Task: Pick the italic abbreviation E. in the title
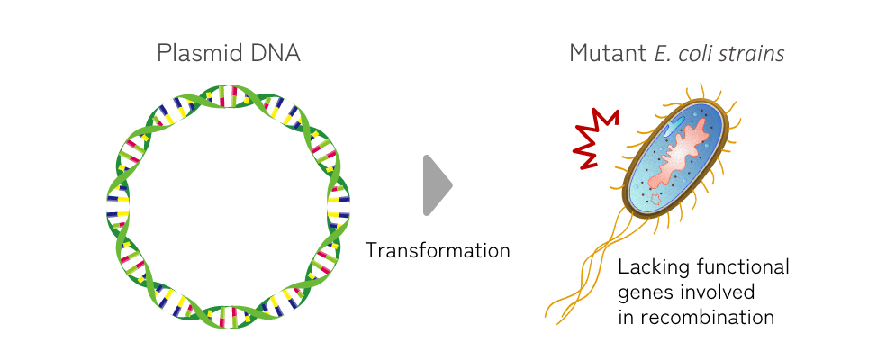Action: pos(664,53)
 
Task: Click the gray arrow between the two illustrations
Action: pos(437,185)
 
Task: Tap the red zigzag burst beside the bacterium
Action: pos(596,139)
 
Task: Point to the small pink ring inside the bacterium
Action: pos(655,193)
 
